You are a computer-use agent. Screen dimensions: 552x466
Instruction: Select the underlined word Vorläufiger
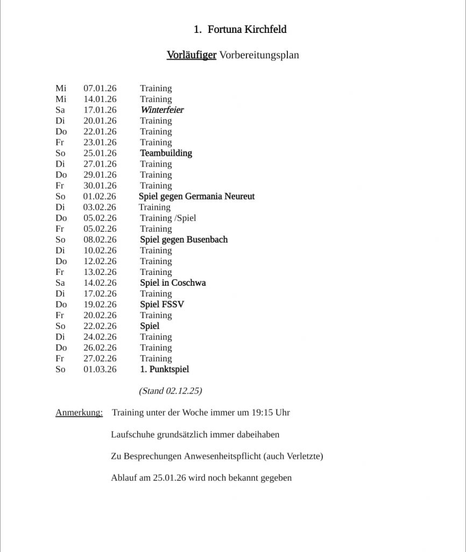point(191,55)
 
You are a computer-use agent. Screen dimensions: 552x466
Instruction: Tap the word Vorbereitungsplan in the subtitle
point(259,55)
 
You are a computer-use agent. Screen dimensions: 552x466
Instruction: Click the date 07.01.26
point(100,88)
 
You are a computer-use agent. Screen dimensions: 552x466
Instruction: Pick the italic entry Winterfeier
point(162,110)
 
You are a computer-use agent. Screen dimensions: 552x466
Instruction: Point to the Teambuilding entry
point(166,153)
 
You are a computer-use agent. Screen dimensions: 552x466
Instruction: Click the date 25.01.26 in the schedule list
point(100,153)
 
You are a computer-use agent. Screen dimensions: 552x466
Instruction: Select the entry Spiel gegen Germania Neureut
point(196,196)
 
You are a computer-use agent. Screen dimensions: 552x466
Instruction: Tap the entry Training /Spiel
point(168,218)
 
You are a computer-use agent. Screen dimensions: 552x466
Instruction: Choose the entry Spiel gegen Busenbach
point(183,239)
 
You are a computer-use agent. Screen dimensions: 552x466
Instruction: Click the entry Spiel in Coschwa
point(173,282)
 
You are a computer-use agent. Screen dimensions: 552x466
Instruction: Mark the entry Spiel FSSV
point(162,304)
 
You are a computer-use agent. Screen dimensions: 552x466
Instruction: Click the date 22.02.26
point(100,326)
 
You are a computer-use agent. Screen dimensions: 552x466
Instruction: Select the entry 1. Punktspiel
point(164,369)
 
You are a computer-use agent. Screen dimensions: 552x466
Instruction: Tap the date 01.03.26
point(100,369)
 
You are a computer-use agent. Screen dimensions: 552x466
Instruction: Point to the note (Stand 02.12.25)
point(170,391)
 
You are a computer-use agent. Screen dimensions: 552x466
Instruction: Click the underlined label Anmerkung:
point(79,413)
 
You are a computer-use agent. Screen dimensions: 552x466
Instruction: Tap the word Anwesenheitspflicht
point(222,456)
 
